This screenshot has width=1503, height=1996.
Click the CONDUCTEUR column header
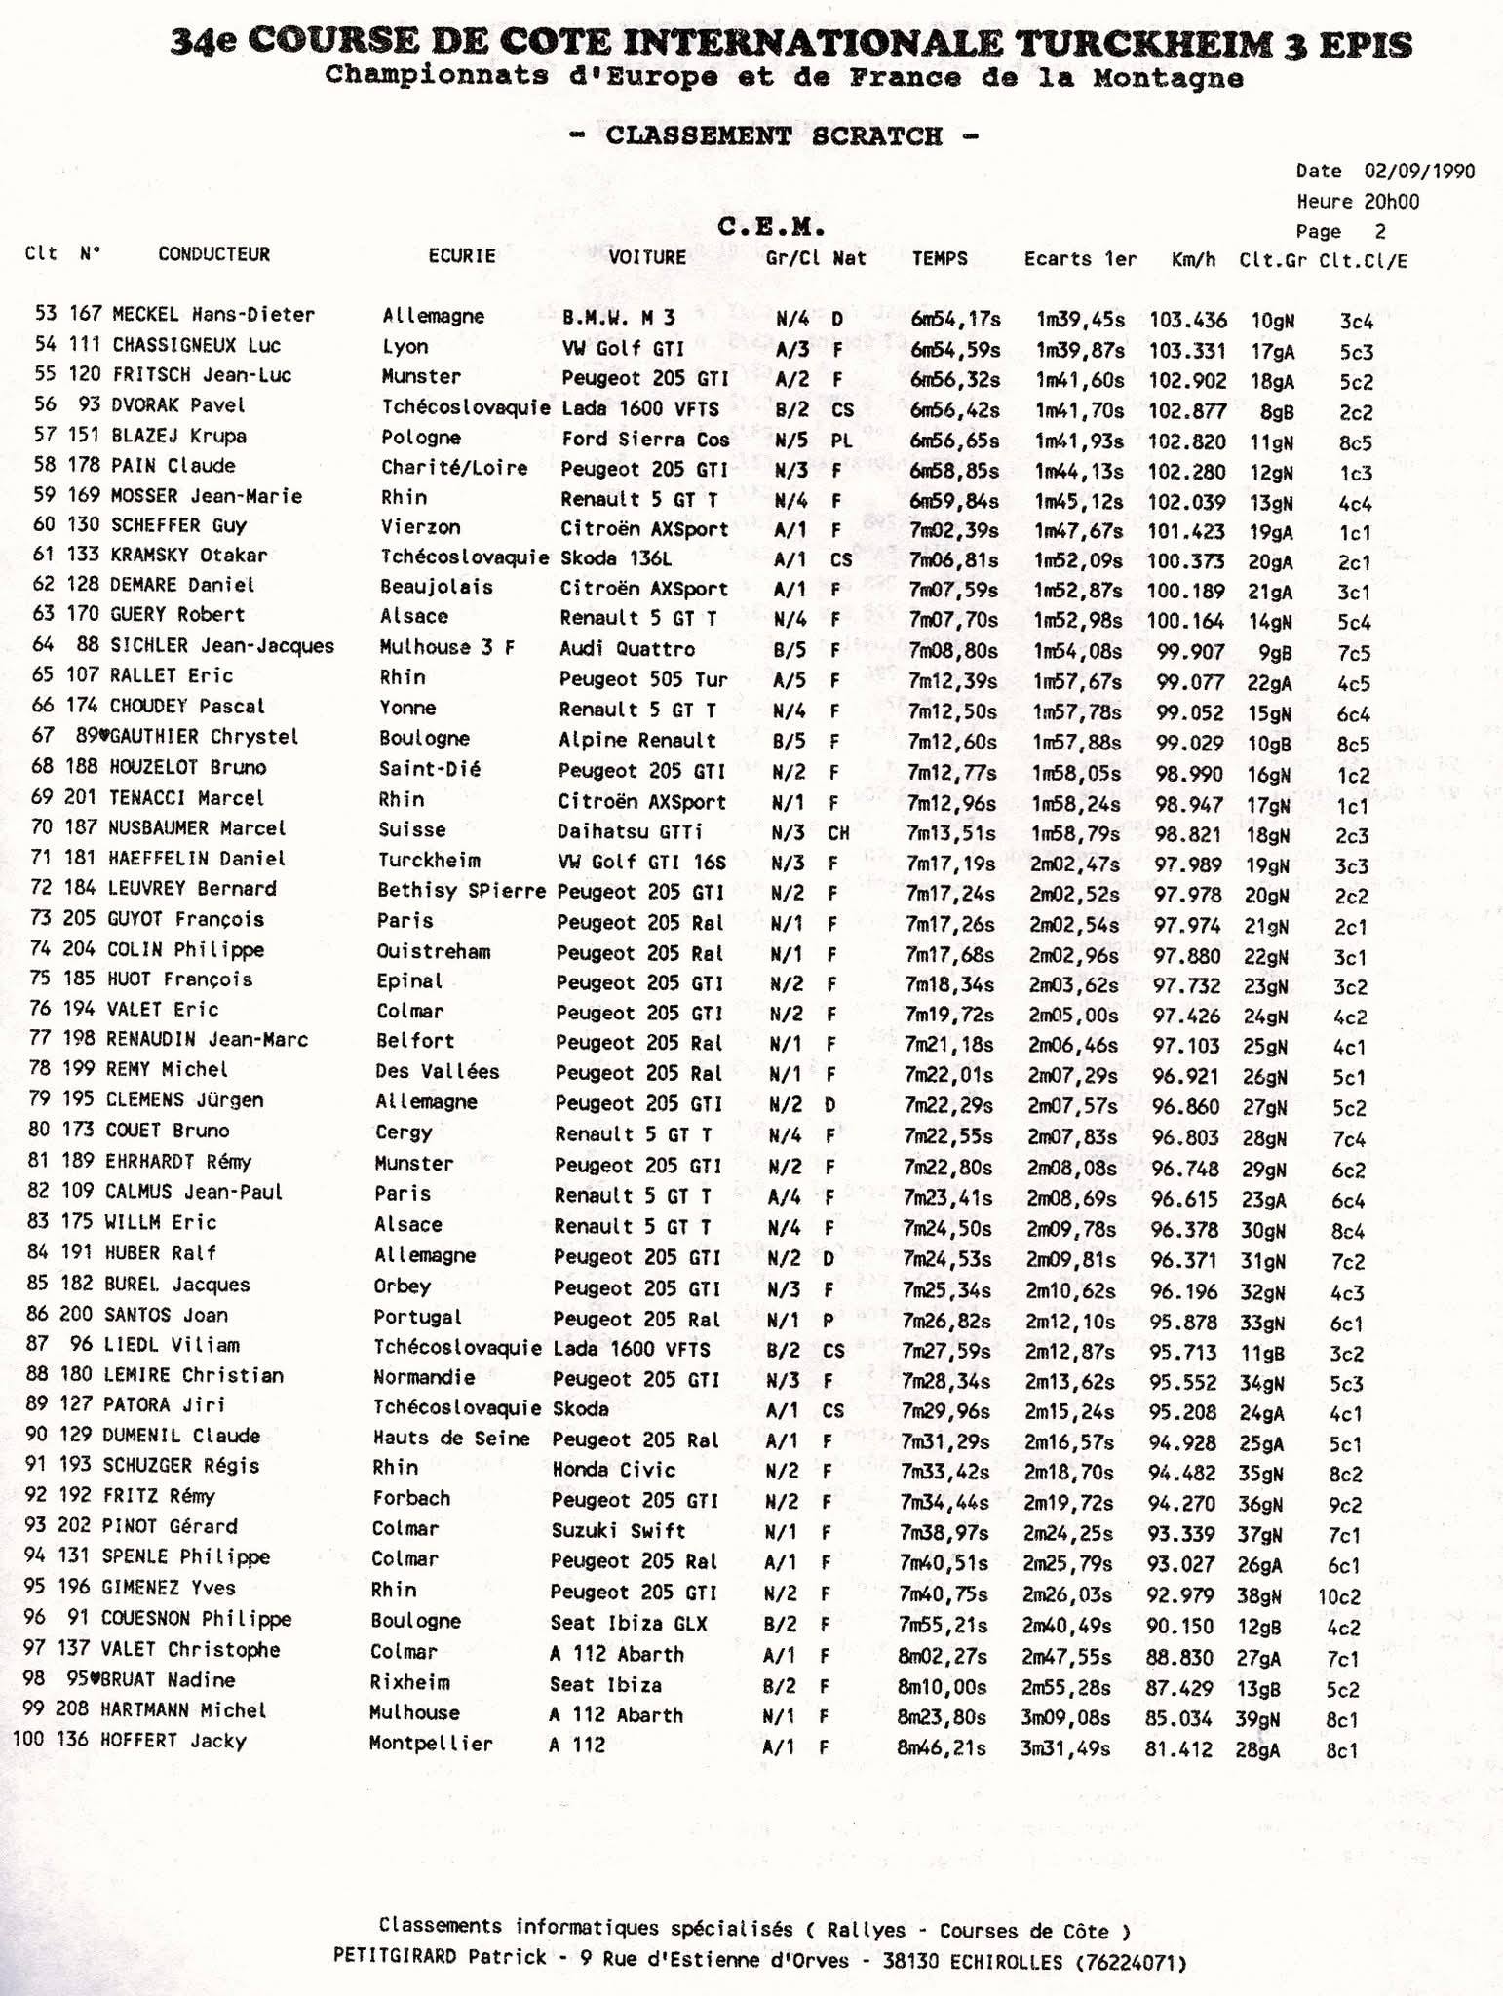[213, 254]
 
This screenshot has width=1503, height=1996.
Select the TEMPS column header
[940, 258]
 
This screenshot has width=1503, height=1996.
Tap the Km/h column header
[1193, 260]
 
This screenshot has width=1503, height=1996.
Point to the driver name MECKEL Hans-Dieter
[213, 315]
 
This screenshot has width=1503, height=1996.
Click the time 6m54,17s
[956, 319]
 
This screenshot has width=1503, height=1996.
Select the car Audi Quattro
[627, 649]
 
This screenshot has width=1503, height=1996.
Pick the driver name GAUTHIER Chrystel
[204, 737]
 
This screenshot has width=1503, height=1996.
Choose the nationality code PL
[842, 441]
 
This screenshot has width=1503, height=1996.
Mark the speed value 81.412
[1178, 1749]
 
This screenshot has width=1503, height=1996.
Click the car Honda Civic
[613, 1470]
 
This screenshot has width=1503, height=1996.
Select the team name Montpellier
[430, 1744]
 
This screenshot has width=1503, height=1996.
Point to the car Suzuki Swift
[618, 1530]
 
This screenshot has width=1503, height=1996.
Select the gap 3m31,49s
[1064, 1748]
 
